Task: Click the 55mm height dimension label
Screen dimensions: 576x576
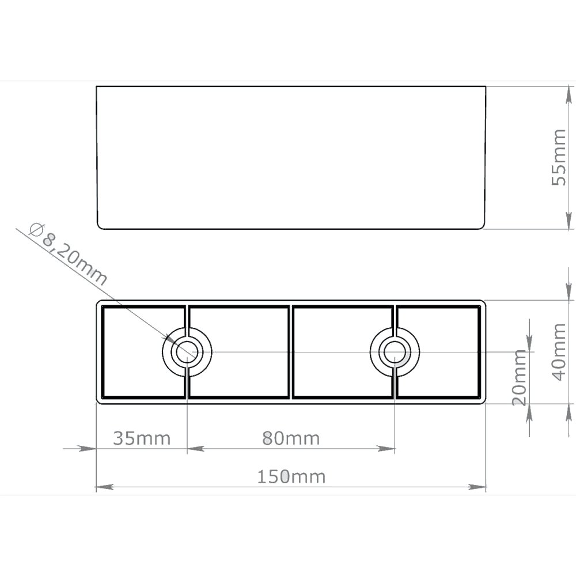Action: (559, 157)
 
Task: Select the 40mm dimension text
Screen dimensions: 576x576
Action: (559, 351)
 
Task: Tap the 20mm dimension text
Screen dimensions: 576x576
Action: (520, 377)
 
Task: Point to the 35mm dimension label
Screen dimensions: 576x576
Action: (142, 438)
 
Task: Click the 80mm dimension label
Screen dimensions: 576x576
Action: (291, 438)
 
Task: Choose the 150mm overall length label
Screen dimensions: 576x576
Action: (291, 477)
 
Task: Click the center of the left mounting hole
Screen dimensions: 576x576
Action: (187, 351)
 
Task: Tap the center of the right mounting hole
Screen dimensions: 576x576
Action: (395, 351)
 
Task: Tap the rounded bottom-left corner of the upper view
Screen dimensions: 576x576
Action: (99, 226)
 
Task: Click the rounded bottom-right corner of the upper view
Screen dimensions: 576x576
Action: (483, 226)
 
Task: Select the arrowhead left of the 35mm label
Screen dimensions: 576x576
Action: (86, 448)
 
